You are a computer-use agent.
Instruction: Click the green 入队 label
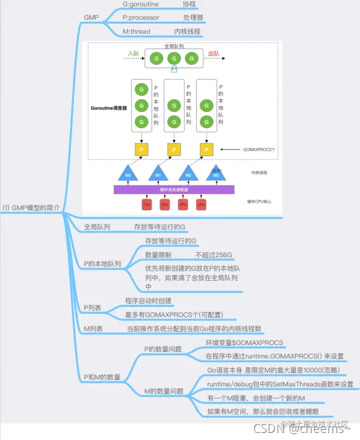(133, 53)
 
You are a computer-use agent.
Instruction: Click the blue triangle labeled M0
(128, 174)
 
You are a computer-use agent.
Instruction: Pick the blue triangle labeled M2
(189, 174)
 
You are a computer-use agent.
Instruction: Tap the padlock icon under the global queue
(173, 71)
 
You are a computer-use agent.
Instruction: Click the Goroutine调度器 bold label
(109, 108)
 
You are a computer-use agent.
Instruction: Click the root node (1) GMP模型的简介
(33, 208)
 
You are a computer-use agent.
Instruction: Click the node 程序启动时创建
(148, 301)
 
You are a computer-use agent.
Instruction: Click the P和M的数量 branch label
(102, 377)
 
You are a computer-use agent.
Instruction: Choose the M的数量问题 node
(164, 391)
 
